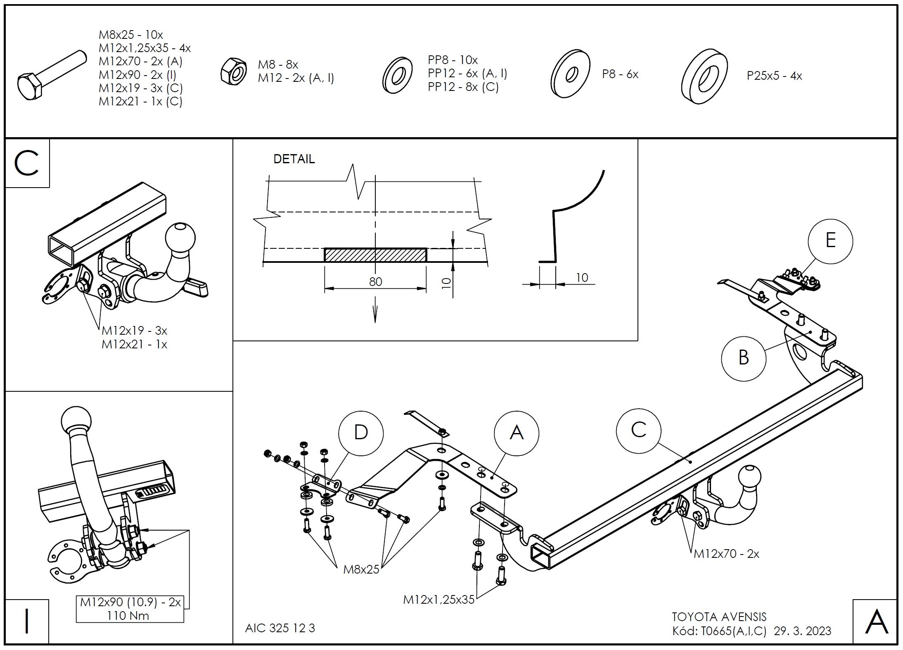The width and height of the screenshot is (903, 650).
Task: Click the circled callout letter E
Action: pyautogui.click(x=830, y=241)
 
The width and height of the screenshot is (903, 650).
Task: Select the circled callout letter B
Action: pyautogui.click(x=743, y=357)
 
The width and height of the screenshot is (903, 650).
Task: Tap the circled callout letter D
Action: pyautogui.click(x=360, y=433)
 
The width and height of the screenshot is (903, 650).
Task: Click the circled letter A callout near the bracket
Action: pyautogui.click(x=516, y=433)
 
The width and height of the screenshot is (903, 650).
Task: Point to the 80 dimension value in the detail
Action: pyautogui.click(x=375, y=282)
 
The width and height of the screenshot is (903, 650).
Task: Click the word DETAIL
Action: pyautogui.click(x=294, y=159)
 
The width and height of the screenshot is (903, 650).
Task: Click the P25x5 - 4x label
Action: pyautogui.click(x=774, y=76)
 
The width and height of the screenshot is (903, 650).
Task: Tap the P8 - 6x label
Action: pyautogui.click(x=620, y=74)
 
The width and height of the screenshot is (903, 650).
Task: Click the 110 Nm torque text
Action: pyautogui.click(x=128, y=616)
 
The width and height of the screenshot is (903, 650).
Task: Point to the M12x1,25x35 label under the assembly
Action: pyautogui.click(x=438, y=600)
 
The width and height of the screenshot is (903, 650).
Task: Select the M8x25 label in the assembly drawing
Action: pyautogui.click(x=361, y=569)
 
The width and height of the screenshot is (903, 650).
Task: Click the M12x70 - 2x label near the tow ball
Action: pyautogui.click(x=726, y=554)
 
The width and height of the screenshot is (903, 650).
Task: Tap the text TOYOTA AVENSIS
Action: pyautogui.click(x=719, y=617)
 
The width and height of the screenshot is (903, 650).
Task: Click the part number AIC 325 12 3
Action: pyautogui.click(x=280, y=628)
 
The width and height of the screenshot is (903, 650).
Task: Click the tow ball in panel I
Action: pyautogui.click(x=76, y=420)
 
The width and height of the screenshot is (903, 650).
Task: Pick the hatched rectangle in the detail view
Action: pyautogui.click(x=375, y=255)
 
